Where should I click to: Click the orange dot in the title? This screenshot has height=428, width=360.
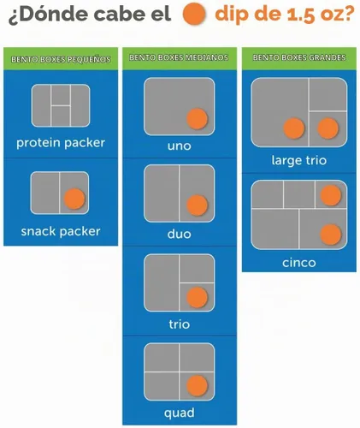(194, 14)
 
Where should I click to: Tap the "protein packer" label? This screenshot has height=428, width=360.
(61, 143)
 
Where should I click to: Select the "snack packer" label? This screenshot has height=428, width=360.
(61, 231)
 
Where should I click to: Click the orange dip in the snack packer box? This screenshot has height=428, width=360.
(74, 199)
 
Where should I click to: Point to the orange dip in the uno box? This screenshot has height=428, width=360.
(197, 118)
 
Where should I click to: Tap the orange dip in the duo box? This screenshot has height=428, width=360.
(197, 205)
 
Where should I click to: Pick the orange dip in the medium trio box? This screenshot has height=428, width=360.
(197, 297)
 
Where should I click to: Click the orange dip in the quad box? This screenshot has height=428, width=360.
(197, 385)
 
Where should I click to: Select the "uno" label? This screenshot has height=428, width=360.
(180, 146)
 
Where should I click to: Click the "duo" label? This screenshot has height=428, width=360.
(180, 234)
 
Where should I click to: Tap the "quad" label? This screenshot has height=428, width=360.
(180, 413)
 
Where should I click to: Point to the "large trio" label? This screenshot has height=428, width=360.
(299, 161)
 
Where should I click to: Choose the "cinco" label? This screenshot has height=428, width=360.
(299, 263)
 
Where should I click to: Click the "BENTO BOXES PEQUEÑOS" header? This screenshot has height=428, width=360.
(61, 59)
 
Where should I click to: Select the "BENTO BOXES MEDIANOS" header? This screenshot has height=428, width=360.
(179, 57)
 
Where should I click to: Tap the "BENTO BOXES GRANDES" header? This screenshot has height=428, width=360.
(299, 57)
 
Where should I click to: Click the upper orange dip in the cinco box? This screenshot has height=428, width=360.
(331, 195)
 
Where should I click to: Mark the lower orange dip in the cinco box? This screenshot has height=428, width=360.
(331, 235)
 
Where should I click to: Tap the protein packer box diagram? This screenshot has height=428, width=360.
(61, 105)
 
